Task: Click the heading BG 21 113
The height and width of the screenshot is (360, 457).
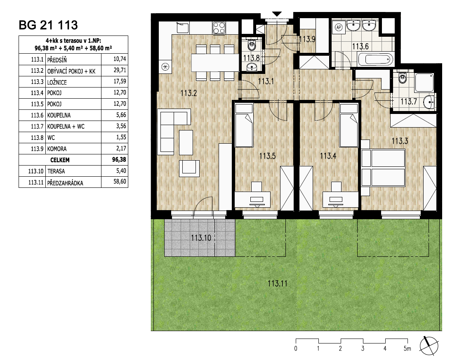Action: tap(48, 25)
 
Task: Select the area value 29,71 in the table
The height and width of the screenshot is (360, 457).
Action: tap(120, 70)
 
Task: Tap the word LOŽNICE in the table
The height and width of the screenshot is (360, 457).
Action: tap(57, 82)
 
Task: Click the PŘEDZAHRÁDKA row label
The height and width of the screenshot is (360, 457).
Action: tap(65, 183)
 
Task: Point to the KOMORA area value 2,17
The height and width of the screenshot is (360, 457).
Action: tap(121, 148)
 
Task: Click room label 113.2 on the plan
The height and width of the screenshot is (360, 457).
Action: tap(188, 93)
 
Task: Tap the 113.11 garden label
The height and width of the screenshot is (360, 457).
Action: tap(278, 283)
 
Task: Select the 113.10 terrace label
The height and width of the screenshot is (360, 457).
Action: tap(201, 238)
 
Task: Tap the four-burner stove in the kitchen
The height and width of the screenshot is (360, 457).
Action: tap(219, 28)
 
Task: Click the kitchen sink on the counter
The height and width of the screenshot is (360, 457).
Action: tap(183, 27)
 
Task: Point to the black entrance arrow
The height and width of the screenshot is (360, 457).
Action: tap(277, 14)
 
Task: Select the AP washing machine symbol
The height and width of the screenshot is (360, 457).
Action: tap(338, 27)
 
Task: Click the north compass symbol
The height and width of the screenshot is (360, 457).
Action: tap(429, 346)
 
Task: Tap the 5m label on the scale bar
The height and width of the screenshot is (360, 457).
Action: tap(407, 348)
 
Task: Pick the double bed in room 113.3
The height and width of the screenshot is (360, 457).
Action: tap(383, 168)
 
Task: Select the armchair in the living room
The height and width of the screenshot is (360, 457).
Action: tap(189, 168)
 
